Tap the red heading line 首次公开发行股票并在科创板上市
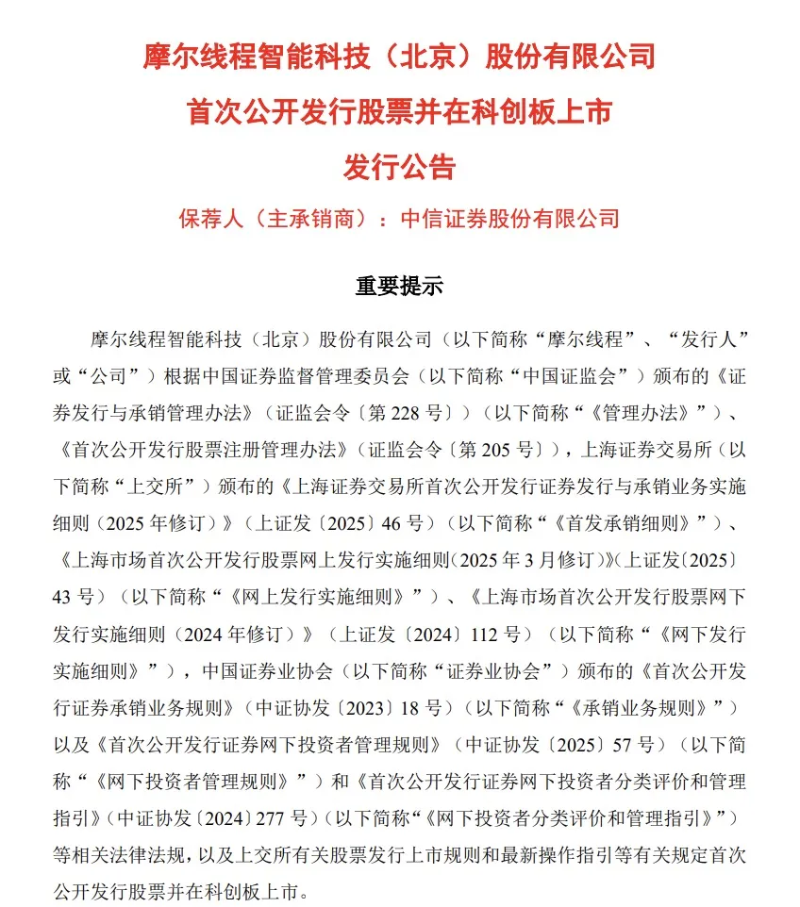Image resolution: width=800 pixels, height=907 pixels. click(399, 112)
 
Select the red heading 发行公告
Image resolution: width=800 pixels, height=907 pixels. click(399, 167)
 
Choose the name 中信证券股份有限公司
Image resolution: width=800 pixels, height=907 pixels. click(510, 219)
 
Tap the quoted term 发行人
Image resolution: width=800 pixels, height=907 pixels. click(708, 338)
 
